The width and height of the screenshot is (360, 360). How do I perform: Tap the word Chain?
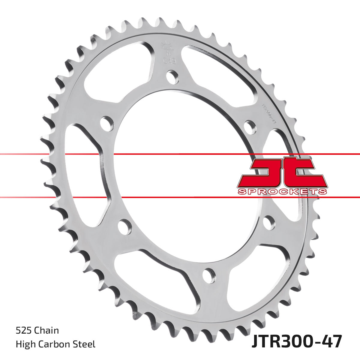47,331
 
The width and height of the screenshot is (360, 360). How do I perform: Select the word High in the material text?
24,344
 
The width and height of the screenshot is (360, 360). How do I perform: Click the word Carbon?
57,344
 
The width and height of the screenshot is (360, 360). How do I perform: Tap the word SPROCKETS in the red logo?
282,191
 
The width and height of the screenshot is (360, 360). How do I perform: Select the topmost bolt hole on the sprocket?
172,77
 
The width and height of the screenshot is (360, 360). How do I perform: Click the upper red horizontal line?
180,154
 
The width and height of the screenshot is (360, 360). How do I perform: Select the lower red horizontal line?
180,197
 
